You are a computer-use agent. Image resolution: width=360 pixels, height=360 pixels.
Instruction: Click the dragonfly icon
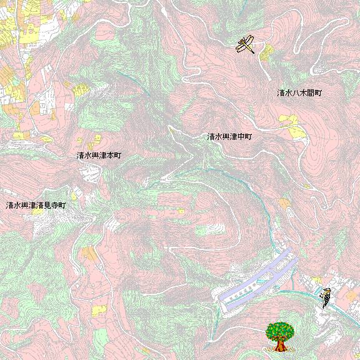pos(245,44)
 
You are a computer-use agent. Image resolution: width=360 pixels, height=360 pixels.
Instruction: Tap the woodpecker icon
pos(325,297)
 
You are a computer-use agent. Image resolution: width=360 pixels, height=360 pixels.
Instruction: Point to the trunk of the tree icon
pos(279,346)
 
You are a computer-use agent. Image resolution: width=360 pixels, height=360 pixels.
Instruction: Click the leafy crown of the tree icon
pos(279,330)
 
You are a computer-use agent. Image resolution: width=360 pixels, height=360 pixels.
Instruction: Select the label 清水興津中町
pos(229,136)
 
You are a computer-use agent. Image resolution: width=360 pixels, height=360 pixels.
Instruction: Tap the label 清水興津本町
pos(99,155)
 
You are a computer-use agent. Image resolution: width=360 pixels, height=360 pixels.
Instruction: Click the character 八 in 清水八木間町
pos(296,93)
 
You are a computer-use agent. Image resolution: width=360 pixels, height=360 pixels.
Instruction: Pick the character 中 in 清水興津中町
pos(241,136)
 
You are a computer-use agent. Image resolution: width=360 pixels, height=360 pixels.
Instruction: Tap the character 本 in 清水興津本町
pos(109,155)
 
